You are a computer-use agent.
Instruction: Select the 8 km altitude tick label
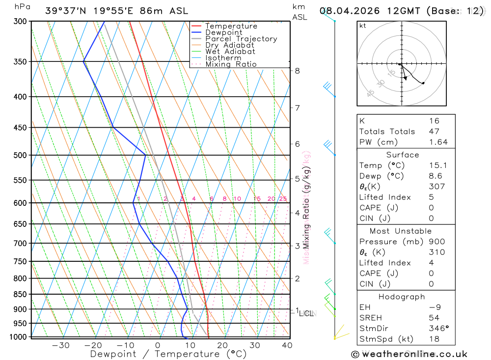point(297,71)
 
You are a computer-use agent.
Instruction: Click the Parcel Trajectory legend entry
point(241,39)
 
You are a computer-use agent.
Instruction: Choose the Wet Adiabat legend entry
point(230,52)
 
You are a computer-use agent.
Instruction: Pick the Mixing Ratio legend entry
point(231,64)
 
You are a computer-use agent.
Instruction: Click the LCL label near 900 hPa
point(306,313)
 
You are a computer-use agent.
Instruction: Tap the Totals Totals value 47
point(434,132)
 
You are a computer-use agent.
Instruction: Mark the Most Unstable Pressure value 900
point(436,242)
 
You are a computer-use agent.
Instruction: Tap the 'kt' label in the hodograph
point(363,26)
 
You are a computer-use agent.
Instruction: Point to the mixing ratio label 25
point(283,199)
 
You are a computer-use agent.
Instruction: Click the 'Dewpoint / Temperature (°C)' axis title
point(168,354)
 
